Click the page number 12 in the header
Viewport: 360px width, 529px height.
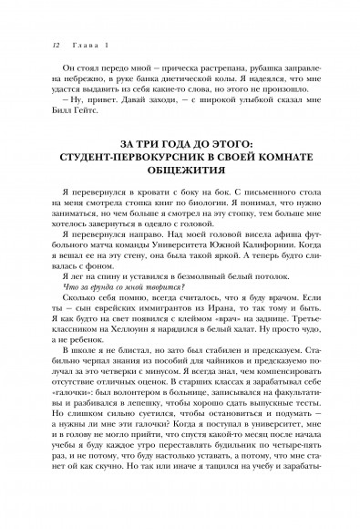[32, 44]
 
